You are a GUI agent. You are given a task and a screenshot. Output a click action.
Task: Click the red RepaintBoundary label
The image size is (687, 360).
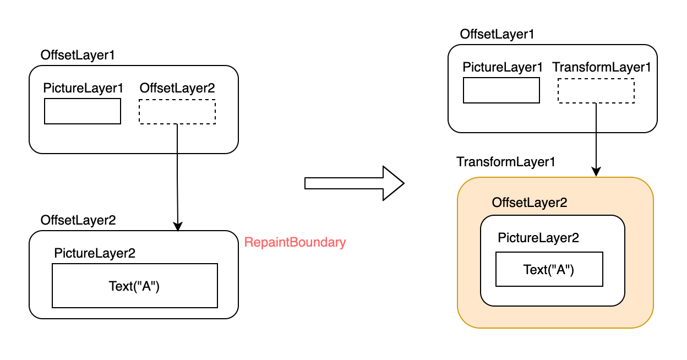[295, 242]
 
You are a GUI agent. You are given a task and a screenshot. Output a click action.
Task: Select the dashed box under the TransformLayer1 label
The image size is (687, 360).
[596, 91]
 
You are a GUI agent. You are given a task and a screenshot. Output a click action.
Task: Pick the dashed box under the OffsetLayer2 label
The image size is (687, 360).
[177, 112]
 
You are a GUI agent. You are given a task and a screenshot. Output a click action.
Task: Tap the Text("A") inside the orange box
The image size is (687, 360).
[549, 269]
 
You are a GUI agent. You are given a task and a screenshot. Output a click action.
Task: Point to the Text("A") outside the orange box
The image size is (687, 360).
[134, 286]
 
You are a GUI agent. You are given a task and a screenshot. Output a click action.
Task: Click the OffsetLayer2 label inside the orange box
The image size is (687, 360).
[530, 203]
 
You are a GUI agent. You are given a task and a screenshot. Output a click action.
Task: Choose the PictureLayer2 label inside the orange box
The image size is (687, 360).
[538, 238]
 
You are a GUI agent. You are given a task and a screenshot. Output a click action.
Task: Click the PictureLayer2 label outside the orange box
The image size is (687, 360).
[95, 253]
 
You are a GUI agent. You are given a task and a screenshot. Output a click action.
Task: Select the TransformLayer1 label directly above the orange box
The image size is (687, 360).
[506, 162]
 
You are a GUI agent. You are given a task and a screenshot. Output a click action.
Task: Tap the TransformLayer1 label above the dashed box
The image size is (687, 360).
[602, 67]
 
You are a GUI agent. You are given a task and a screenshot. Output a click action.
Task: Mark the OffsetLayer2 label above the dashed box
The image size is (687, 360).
[177, 88]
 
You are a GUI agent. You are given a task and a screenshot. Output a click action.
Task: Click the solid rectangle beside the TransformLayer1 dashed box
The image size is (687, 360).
[501, 91]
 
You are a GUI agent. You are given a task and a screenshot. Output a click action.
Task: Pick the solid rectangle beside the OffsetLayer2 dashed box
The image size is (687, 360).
[83, 112]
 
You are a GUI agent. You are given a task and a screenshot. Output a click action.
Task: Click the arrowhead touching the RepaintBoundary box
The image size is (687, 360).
[177, 226]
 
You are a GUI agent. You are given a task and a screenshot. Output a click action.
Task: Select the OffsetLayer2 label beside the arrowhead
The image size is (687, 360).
[78, 220]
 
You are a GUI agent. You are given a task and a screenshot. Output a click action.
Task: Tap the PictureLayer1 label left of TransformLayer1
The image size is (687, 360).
[503, 67]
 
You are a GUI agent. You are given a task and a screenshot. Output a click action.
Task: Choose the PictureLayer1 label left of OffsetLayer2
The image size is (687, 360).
[84, 88]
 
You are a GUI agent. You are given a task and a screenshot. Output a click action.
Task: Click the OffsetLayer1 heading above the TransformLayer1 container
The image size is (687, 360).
[497, 34]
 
